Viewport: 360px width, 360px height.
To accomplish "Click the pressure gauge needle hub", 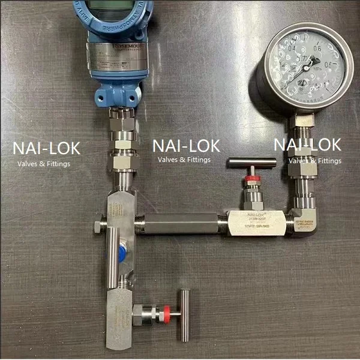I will (x=308, y=67).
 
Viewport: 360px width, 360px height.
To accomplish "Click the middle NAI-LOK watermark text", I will (x=186, y=145).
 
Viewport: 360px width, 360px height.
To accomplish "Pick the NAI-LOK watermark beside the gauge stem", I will (x=307, y=145).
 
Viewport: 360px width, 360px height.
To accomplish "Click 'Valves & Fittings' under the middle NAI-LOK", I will (x=184, y=160).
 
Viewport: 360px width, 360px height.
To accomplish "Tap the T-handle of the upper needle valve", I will (x=251, y=164).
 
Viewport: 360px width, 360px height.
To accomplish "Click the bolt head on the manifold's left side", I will (x=98, y=226).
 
